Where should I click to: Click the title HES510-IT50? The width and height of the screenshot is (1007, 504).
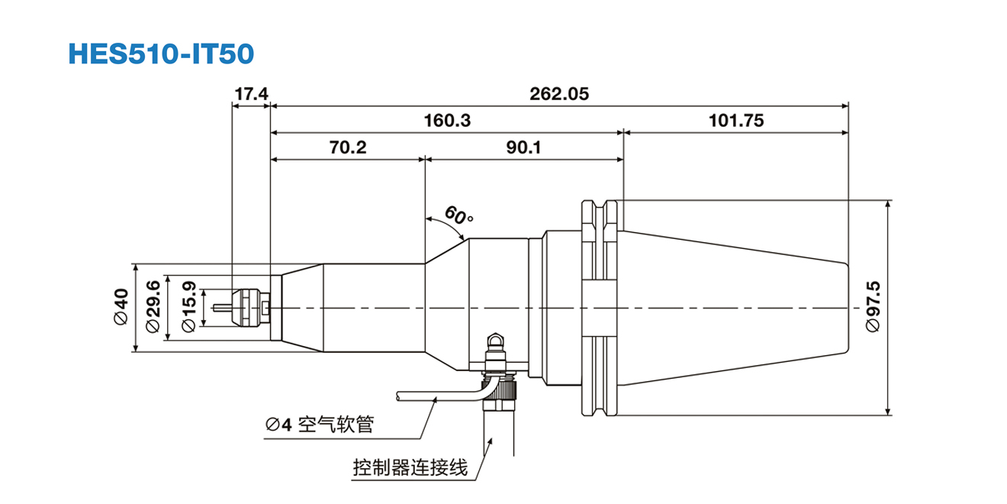pyautogui.click(x=160, y=52)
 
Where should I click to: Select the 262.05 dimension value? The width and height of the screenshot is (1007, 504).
pyautogui.click(x=559, y=95)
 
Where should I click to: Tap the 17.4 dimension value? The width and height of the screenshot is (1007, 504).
pyautogui.click(x=251, y=95)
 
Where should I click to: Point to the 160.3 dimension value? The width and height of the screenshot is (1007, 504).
pyautogui.click(x=447, y=121)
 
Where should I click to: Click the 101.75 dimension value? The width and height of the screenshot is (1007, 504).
pyautogui.click(x=735, y=121)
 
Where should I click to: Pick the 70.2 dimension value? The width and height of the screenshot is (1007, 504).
pyautogui.click(x=348, y=147)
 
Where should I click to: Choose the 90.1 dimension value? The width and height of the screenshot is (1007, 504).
pyautogui.click(x=523, y=147)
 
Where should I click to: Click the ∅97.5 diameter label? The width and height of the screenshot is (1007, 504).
pyautogui.click(x=873, y=307)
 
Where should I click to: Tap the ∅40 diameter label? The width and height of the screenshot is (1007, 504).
pyautogui.click(x=121, y=308)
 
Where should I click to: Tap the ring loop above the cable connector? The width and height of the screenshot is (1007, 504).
pyautogui.click(x=497, y=339)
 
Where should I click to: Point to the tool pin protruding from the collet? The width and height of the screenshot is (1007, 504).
pyautogui.click(x=224, y=308)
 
